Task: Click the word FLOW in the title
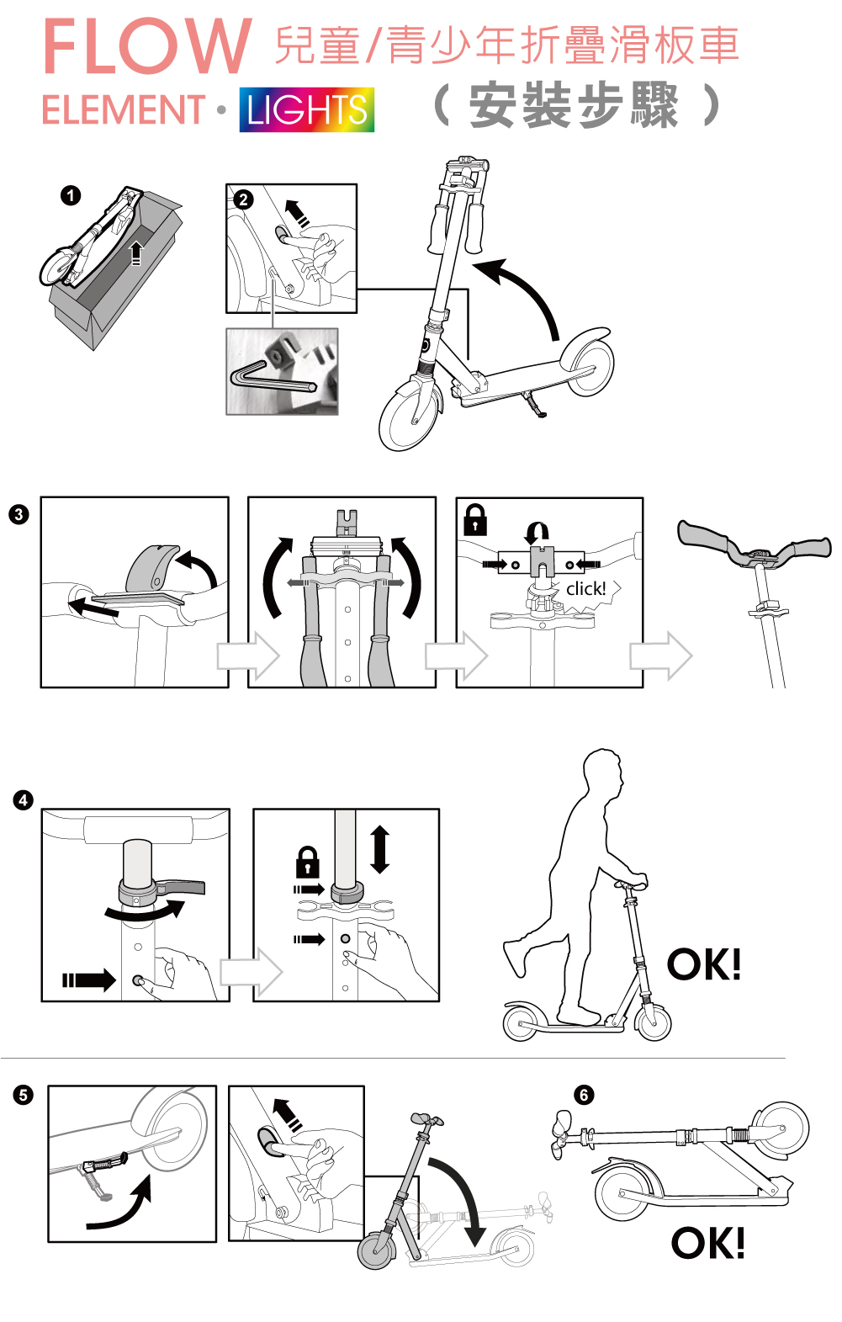click(x=147, y=46)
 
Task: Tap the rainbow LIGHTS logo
click(x=307, y=109)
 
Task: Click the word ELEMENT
click(x=124, y=109)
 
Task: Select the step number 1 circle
click(x=71, y=195)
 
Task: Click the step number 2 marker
click(x=243, y=199)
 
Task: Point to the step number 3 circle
click(x=19, y=514)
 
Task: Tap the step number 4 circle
click(x=23, y=800)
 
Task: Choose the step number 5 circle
click(x=23, y=1096)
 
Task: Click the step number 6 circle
click(x=584, y=1096)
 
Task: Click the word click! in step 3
click(x=586, y=588)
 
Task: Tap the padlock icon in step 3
click(x=475, y=520)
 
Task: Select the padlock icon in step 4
click(x=307, y=863)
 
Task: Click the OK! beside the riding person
click(x=704, y=964)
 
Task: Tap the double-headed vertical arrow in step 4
click(x=380, y=849)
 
